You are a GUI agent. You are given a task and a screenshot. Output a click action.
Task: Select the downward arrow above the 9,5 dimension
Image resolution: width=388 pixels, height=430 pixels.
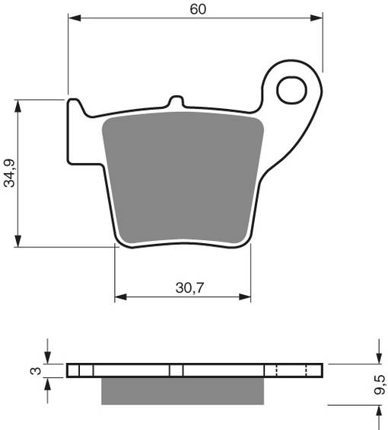[x=374, y=359]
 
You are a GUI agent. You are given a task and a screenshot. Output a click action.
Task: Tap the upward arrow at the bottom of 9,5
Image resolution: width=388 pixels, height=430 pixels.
[x=374, y=410]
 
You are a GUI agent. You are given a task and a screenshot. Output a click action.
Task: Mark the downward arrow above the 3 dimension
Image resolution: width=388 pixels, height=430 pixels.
[x=48, y=358]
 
